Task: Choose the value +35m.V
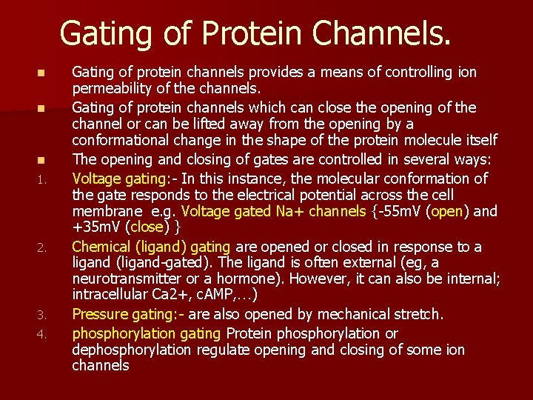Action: pyautogui.click(x=98, y=227)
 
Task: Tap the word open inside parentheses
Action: pyautogui.click(x=449, y=211)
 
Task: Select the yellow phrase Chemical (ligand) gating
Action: pyautogui.click(x=151, y=247)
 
